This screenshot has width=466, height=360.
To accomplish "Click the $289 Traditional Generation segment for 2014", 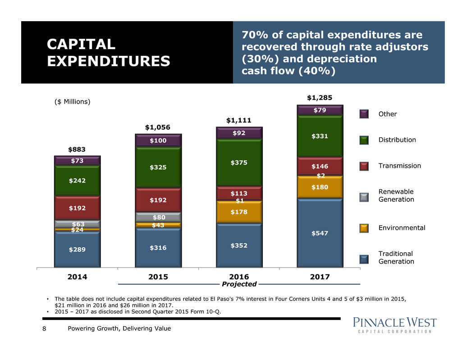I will coord(77,249).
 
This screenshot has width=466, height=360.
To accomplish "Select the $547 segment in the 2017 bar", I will coord(320,232).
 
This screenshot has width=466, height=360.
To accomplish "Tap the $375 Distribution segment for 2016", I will coord(239,163).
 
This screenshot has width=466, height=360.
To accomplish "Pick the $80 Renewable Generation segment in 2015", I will coord(158,217).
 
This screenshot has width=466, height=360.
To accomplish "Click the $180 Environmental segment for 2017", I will coord(320,187).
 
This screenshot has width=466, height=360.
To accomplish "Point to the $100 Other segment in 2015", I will coord(158,141).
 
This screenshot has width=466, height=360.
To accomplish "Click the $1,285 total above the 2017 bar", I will coord(320,97).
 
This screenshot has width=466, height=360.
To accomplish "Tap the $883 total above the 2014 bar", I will coord(77,149).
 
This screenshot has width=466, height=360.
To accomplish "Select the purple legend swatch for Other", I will coord(365,114).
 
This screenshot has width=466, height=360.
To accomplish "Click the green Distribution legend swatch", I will coord(365,140).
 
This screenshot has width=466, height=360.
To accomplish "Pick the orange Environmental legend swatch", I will coord(365,228).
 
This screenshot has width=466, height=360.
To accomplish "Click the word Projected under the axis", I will coord(239,284).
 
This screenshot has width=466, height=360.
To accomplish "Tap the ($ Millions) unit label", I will coord(69,102).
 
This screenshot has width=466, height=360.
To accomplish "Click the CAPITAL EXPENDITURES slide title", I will coord(110,52).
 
